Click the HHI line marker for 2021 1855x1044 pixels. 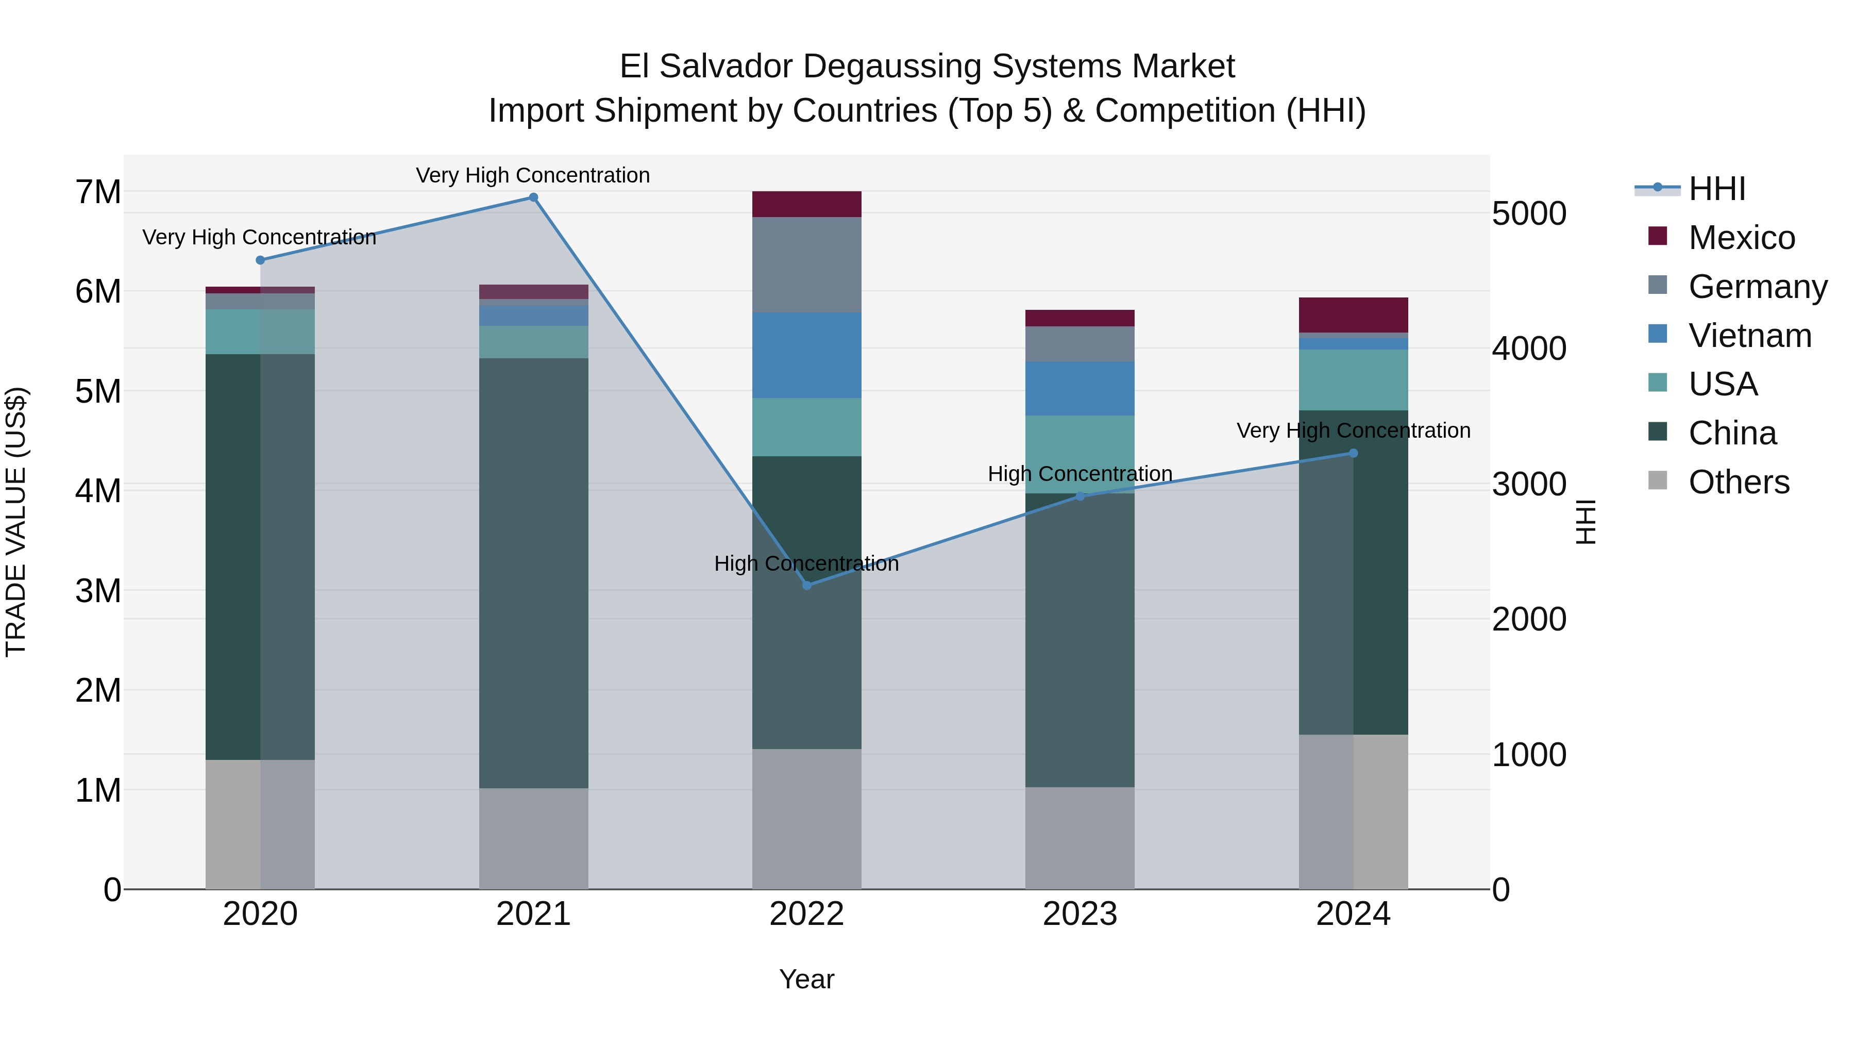[x=534, y=197]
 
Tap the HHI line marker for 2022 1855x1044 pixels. [x=806, y=586]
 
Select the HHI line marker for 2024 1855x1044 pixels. [x=1353, y=453]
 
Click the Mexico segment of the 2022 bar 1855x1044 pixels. [x=806, y=204]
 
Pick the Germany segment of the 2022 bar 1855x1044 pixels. [x=806, y=264]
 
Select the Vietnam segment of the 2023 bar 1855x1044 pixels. [x=1080, y=388]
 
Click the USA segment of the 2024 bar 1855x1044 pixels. [x=1353, y=379]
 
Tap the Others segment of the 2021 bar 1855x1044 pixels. [x=534, y=838]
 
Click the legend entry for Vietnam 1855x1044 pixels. [x=1749, y=336]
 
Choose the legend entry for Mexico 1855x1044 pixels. [x=1741, y=238]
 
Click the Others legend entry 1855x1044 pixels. [x=1739, y=482]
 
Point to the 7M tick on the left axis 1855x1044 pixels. [x=98, y=192]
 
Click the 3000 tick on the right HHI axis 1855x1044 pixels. [x=1528, y=484]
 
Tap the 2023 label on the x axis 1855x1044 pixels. [x=1080, y=914]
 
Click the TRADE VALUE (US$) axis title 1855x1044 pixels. [x=16, y=522]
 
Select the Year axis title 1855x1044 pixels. [x=806, y=979]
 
